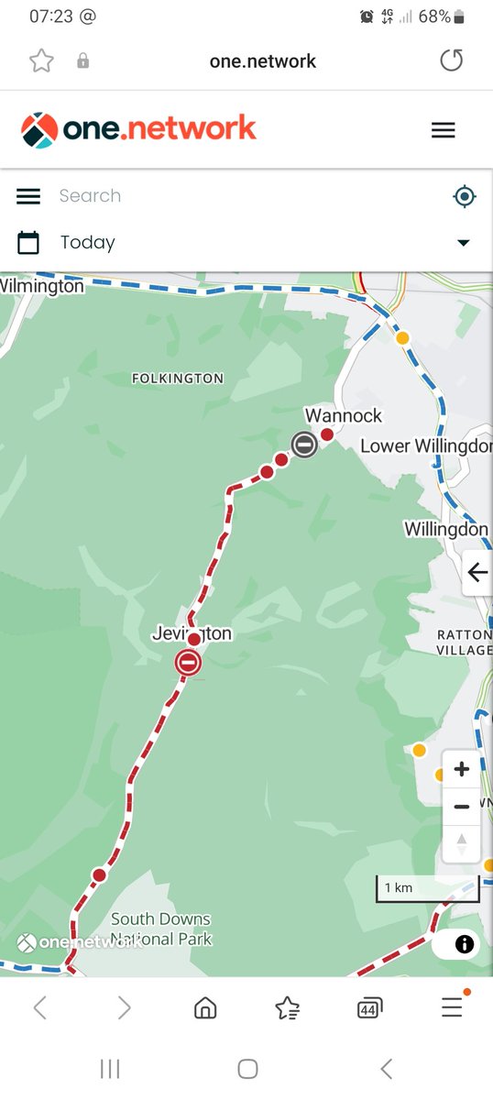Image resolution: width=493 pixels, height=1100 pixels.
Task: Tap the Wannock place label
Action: pos(343,416)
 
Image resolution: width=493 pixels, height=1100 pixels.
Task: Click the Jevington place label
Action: pos(192,633)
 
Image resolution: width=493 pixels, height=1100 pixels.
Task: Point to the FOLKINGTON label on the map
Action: pos(177,378)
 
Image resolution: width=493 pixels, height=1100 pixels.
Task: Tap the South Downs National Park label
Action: pos(160,929)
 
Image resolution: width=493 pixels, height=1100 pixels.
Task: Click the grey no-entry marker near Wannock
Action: pos(304,445)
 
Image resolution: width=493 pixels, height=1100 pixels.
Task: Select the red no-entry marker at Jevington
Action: pos(189,662)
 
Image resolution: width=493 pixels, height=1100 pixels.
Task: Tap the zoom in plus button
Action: pos(461,769)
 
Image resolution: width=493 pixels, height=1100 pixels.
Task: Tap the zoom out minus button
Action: pos(461,807)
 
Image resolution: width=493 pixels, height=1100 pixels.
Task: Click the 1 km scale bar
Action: pos(412,888)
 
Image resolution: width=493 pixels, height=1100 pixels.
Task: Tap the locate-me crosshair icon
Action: pos(465,196)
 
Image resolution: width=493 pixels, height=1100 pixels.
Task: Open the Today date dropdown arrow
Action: pos(463,243)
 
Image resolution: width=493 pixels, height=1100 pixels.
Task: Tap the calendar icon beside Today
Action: pos(28,243)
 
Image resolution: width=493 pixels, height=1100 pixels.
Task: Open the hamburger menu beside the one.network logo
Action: pos(443,130)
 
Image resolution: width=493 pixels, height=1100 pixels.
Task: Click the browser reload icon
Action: pos(451,61)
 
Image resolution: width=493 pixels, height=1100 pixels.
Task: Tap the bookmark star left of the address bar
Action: pos(41,61)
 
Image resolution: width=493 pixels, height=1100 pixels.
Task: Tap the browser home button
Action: pos(205,1008)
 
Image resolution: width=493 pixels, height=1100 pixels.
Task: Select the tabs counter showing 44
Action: pos(369,1008)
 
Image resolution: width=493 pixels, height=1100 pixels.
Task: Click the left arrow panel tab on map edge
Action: pos(477,573)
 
